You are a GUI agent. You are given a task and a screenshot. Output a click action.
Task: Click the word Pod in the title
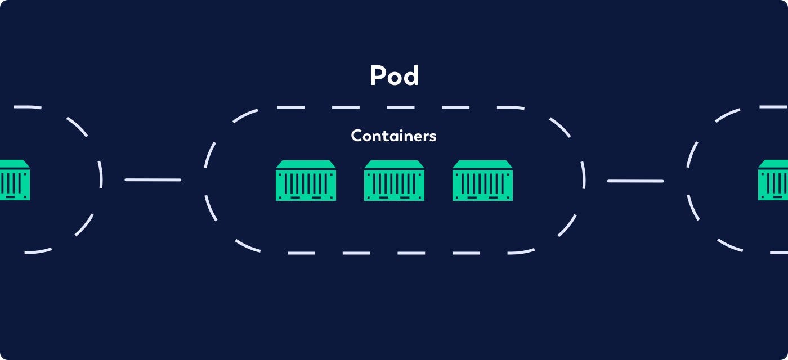coord(394,75)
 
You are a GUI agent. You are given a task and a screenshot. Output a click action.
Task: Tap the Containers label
coord(393,136)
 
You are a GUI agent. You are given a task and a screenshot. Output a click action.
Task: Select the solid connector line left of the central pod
coord(153,180)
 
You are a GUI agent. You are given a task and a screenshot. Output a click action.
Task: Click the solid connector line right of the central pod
coord(635,181)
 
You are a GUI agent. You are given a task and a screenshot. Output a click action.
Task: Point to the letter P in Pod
coord(378,75)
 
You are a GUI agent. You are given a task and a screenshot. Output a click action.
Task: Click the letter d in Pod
coord(411,75)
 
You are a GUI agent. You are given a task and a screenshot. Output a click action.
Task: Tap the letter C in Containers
coord(356,136)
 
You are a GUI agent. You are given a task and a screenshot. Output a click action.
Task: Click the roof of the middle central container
coord(394,164)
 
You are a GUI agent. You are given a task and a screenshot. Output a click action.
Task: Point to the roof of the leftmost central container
coord(306,164)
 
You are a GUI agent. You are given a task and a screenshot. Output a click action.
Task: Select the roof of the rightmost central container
coord(482,164)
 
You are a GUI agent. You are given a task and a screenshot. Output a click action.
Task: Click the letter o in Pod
coord(394,78)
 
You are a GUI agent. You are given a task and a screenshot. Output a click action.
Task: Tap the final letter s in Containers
coord(433,137)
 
